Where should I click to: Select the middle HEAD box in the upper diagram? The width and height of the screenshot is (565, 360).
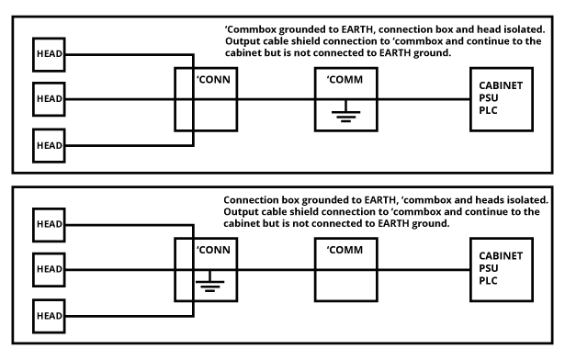point(48,98)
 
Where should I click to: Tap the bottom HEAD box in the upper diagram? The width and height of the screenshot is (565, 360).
point(48,143)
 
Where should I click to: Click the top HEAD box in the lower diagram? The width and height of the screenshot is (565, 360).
point(48,223)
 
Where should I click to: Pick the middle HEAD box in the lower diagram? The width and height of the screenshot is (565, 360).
point(48,268)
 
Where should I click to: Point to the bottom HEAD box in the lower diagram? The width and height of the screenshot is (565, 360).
point(48,314)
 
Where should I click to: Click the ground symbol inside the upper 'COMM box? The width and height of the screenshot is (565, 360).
point(346,116)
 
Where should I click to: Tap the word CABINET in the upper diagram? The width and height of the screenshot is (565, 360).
point(502,84)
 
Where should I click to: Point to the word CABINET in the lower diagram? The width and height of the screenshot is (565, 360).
point(502,255)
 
